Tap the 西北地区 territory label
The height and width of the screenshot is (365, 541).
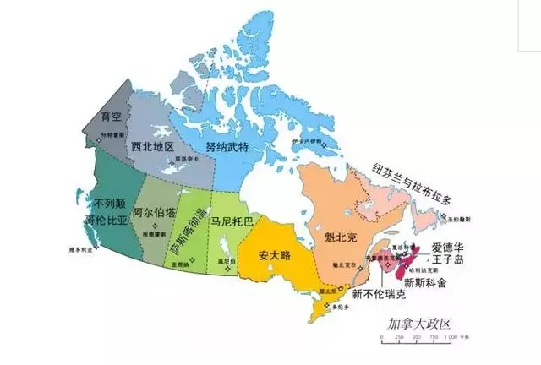pos(153,147)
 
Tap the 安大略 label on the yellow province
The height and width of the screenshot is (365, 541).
pos(275,254)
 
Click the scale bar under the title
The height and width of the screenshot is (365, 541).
pos(419,337)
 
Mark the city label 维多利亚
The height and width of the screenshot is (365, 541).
pos(81,251)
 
